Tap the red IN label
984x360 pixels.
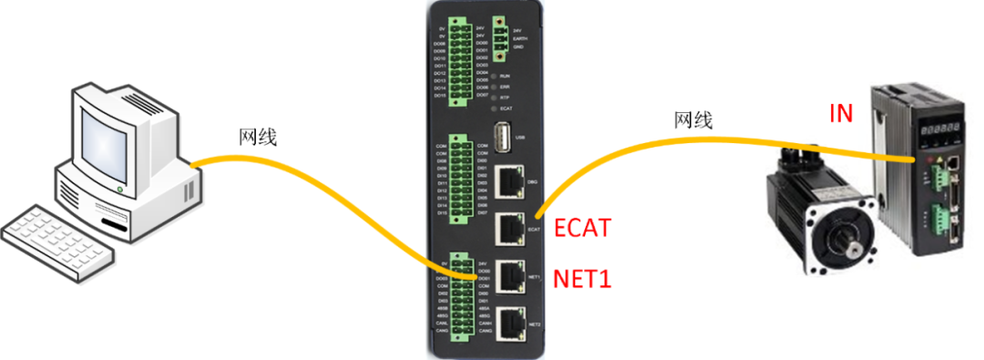point(842,114)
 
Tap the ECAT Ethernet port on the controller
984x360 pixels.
point(509,228)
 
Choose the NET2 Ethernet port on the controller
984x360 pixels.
point(509,321)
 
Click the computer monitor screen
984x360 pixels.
point(108,137)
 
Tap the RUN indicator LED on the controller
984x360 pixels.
point(493,75)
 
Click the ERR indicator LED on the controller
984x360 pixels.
point(493,86)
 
